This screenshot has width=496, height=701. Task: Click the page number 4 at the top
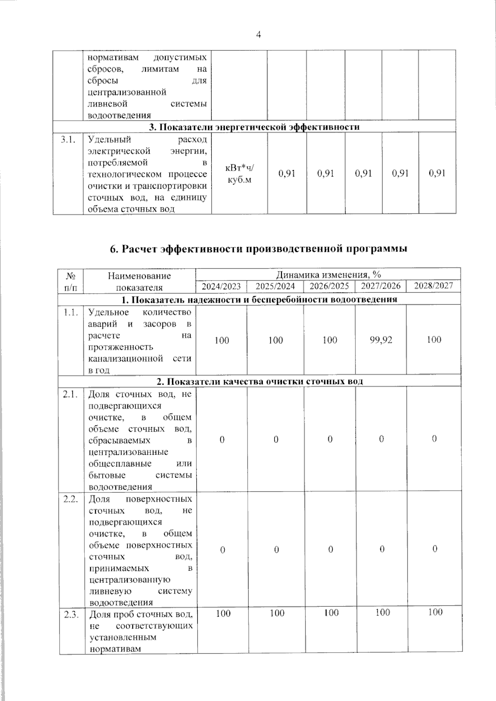point(259,35)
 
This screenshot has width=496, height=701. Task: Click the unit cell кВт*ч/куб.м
point(239,173)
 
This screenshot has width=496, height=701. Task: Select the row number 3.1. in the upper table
point(68,140)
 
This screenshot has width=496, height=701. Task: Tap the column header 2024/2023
point(221,286)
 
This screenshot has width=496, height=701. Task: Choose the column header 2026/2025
point(329,286)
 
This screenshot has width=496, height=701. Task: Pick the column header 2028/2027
point(433,285)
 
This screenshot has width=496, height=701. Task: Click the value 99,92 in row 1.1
point(381,340)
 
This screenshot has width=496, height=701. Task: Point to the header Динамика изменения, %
point(328,274)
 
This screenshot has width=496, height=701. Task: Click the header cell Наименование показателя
point(139,281)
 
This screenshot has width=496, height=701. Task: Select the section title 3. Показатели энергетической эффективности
point(254,127)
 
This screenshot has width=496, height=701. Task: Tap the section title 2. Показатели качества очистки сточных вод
point(260,381)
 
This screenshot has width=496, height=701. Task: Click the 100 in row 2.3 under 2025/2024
point(277,613)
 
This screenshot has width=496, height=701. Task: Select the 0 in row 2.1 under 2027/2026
point(381,439)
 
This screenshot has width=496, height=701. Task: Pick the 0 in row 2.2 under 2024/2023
point(222,550)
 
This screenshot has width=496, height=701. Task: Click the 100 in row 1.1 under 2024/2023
point(222,340)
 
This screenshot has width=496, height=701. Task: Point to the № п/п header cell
point(71,281)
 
